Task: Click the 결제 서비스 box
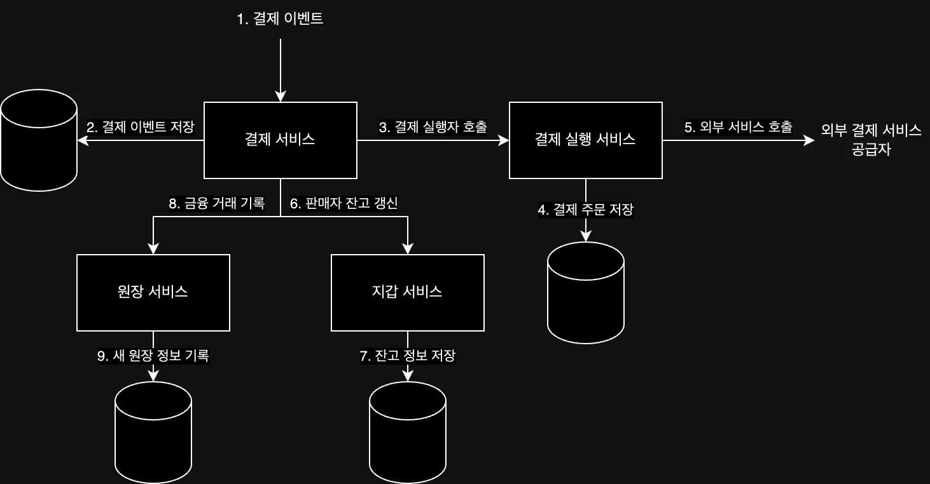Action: (280, 140)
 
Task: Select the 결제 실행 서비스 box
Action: (585, 140)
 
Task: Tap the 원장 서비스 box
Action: (153, 292)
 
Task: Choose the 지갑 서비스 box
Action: (407, 292)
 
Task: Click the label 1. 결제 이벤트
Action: (280, 19)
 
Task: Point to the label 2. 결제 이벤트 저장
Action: (140, 127)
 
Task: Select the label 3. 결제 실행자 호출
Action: (433, 127)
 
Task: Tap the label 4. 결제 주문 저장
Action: (585, 210)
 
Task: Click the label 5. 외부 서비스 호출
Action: (738, 127)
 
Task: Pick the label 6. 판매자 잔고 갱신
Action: (344, 203)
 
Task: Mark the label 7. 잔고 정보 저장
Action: (407, 356)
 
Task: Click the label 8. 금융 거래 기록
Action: (216, 203)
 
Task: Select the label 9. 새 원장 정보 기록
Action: (153, 356)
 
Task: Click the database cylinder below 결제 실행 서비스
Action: (585, 292)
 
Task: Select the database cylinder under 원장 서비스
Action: (153, 432)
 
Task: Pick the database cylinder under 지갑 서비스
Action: (407, 432)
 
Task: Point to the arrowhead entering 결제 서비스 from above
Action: (280, 97)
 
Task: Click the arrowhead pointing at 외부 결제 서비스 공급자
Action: (809, 140)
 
